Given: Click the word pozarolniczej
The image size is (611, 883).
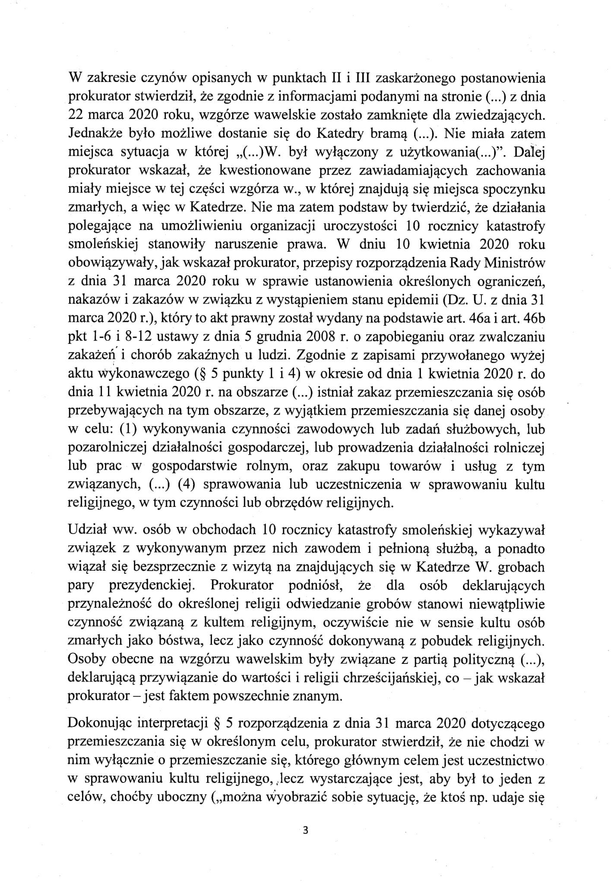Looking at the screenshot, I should click(106, 447).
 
